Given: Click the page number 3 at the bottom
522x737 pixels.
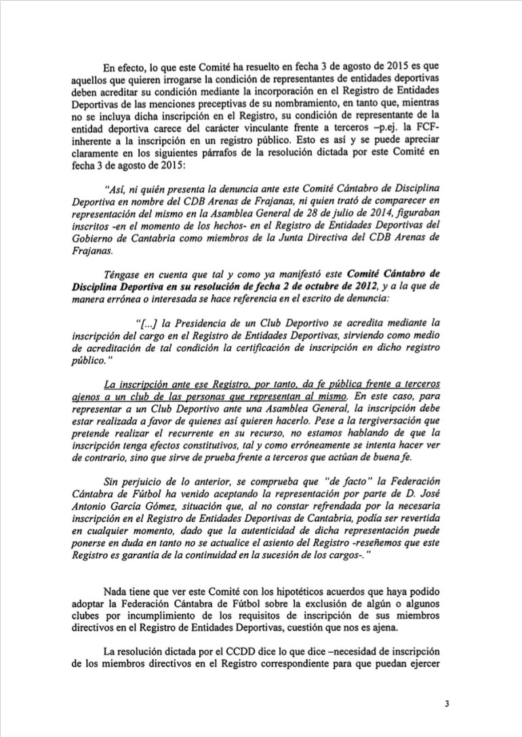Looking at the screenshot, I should (x=447, y=703).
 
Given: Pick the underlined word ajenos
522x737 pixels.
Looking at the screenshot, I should (x=86, y=396).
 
